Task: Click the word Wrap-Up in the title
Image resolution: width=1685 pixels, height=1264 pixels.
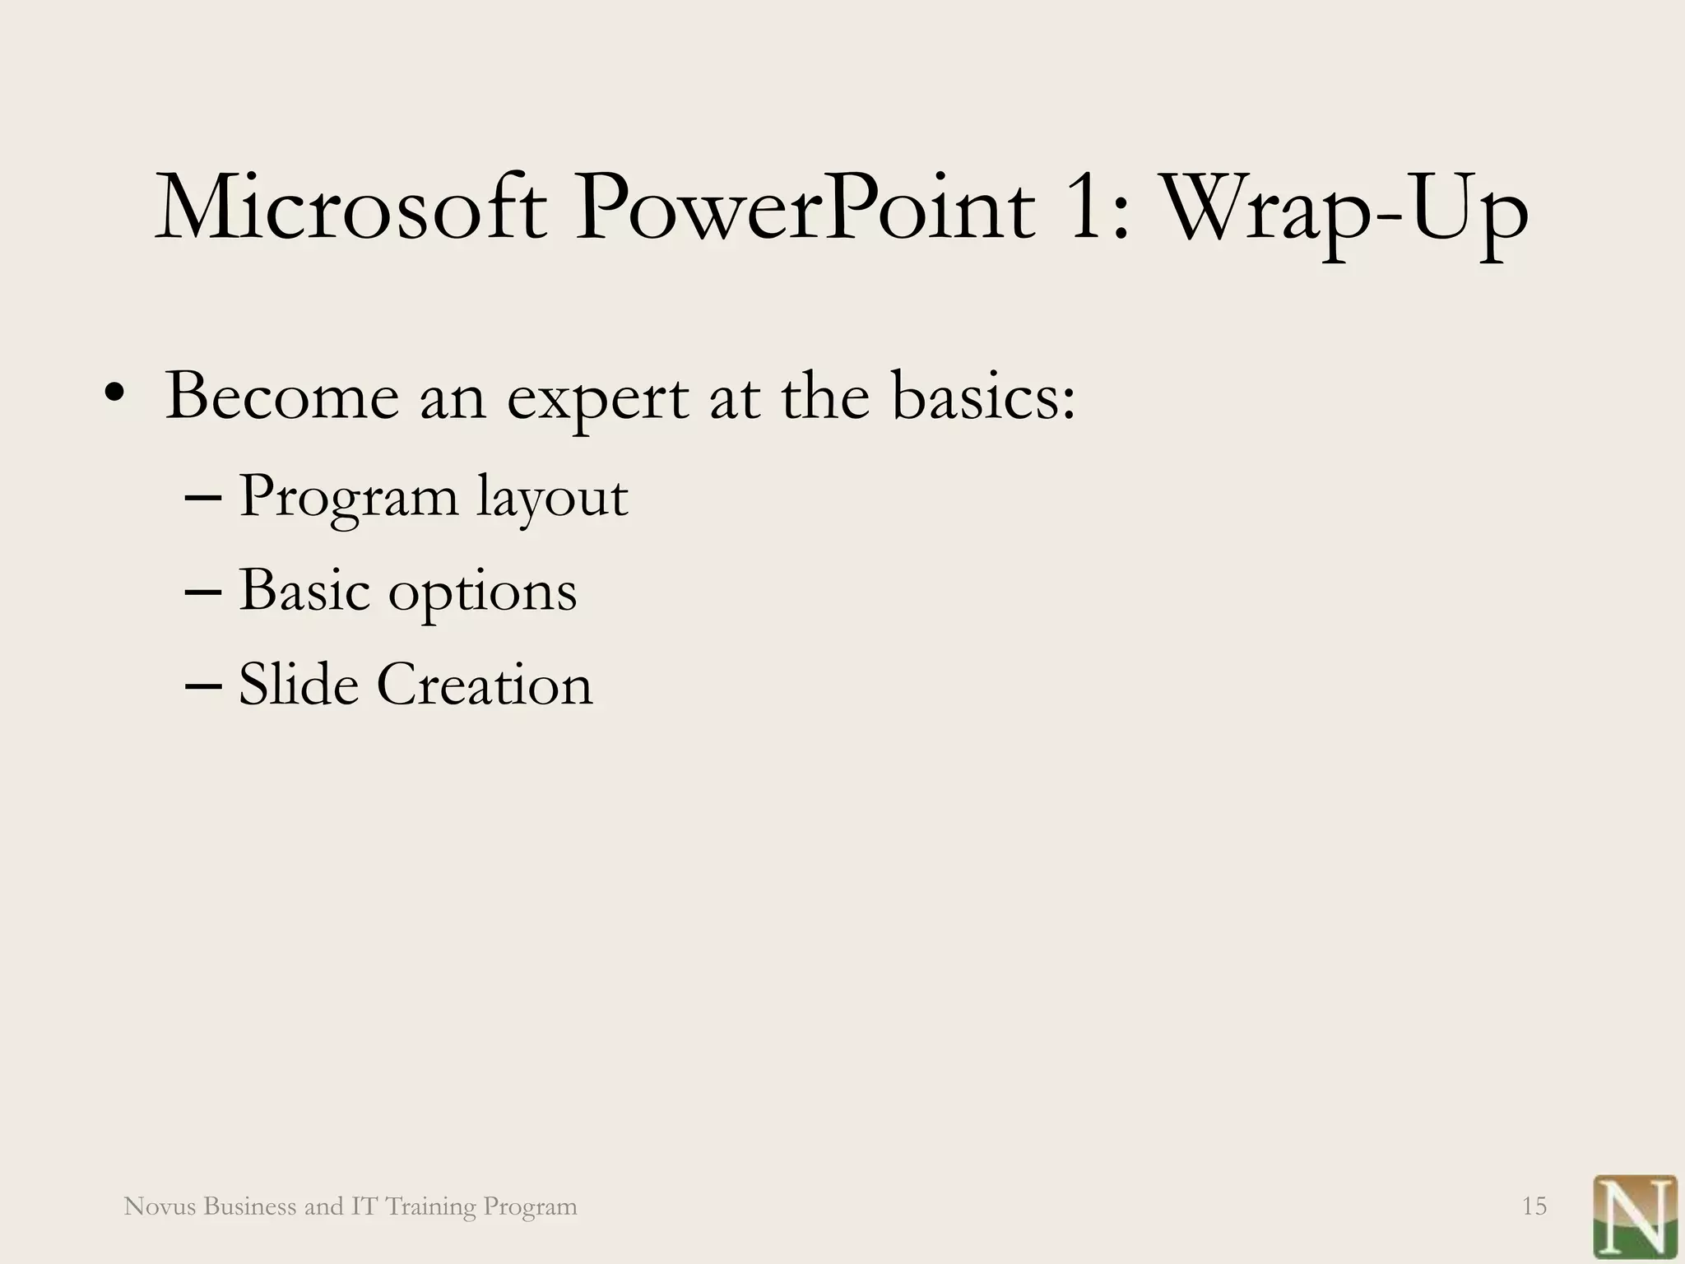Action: click(x=1343, y=212)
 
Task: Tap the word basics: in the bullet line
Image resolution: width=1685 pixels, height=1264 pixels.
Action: click(x=983, y=397)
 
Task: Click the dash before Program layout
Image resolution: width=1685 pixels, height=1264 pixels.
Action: click(x=202, y=499)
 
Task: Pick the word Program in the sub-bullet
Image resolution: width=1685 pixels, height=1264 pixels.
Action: click(x=348, y=499)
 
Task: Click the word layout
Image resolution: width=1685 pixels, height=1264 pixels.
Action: click(x=552, y=499)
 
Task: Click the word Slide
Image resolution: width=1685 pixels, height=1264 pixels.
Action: click(x=299, y=684)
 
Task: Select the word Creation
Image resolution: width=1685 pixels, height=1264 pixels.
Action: click(x=485, y=684)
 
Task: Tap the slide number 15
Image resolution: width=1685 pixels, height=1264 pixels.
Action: click(x=1534, y=1206)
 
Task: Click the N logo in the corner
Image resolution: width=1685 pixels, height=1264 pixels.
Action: click(x=1634, y=1216)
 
